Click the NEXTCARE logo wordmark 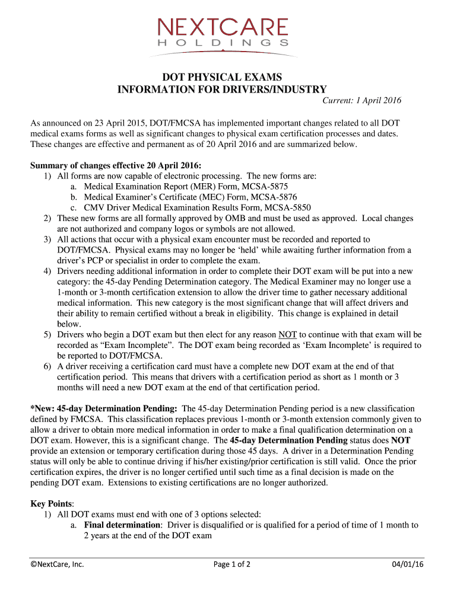click(x=223, y=27)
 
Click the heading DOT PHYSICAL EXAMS click(x=223, y=77)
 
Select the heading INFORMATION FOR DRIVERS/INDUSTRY click(x=222, y=89)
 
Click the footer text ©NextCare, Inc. click(x=58, y=564)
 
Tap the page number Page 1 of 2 click(x=231, y=564)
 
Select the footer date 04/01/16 click(x=408, y=564)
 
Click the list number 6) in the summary click(x=47, y=366)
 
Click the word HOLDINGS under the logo click(x=223, y=43)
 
